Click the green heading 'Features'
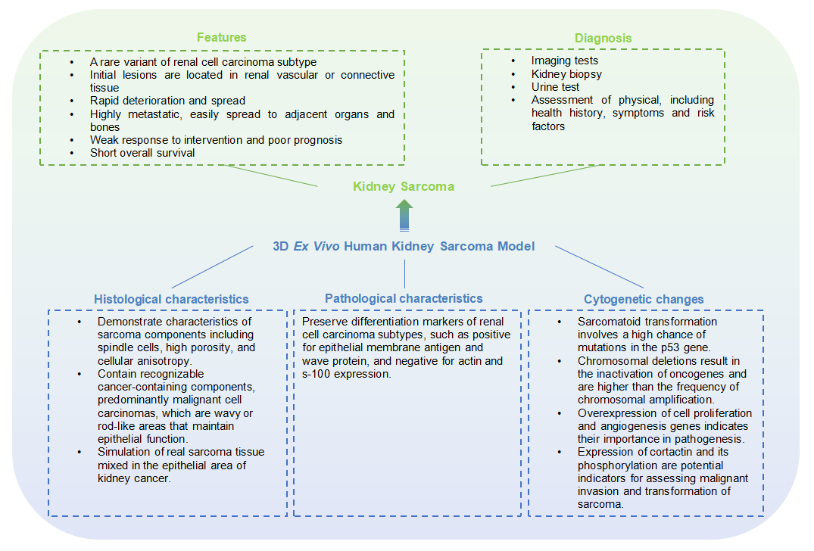pos(221,37)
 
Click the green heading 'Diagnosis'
pos(603,38)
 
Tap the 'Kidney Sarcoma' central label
pos(403,186)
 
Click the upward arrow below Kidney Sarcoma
pos(404,215)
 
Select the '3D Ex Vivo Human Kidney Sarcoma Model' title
pos(404,246)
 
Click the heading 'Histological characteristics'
pos(171,299)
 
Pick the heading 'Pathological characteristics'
pos(404,298)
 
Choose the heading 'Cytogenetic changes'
pos(644,299)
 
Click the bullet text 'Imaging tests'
pos(564,61)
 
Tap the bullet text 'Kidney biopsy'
pos(566,74)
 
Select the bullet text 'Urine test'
pos(555,87)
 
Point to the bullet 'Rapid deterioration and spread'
pos(167,101)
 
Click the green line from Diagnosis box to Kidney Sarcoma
pos(541,175)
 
